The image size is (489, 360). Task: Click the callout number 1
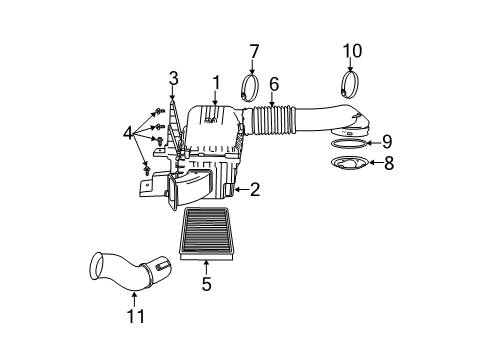click(214, 81)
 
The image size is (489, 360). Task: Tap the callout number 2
click(256, 188)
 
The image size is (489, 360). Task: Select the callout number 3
click(173, 77)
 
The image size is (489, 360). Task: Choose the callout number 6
click(272, 85)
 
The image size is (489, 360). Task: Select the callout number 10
click(351, 50)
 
